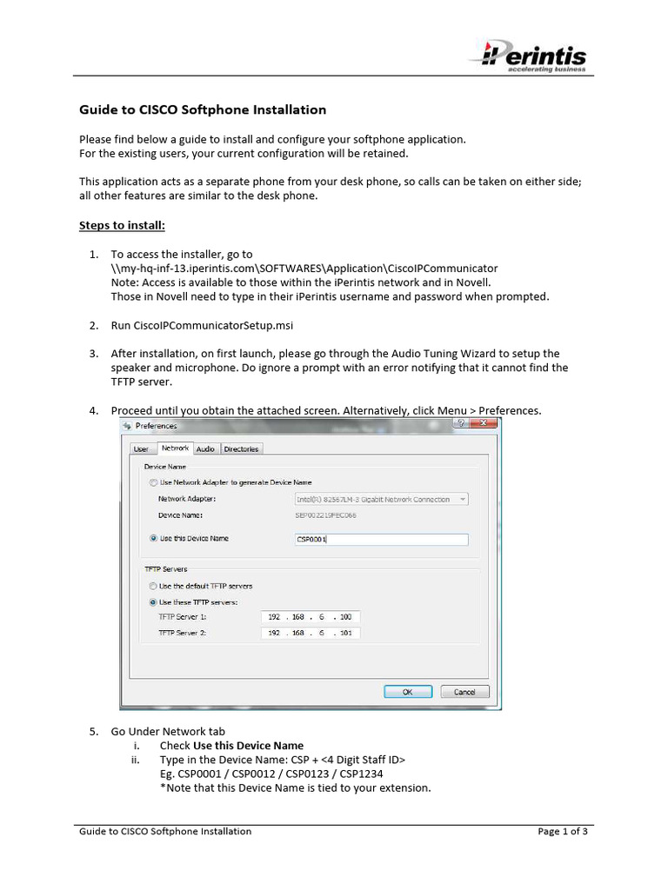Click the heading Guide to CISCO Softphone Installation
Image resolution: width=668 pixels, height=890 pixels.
[x=203, y=110]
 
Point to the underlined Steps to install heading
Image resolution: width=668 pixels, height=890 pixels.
[x=122, y=225]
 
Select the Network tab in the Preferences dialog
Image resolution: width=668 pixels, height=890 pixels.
[x=174, y=448]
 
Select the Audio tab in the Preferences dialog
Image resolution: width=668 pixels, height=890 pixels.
[x=205, y=448]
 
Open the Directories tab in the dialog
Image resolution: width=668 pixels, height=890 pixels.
[x=241, y=448]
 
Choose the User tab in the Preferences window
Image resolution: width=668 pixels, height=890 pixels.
[x=141, y=448]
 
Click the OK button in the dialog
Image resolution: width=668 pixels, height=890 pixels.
[x=406, y=692]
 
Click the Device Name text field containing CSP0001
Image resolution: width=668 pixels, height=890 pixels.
[x=381, y=539]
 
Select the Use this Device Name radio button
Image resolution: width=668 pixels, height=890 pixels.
[x=153, y=539]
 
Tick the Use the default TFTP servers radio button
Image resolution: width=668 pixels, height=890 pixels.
[x=153, y=586]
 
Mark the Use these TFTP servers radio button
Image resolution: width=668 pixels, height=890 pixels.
[x=153, y=601]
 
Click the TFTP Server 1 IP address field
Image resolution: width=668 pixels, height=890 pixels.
[x=311, y=617]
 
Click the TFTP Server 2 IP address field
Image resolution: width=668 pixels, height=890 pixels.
[x=311, y=633]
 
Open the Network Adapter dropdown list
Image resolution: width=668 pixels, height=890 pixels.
[x=381, y=500]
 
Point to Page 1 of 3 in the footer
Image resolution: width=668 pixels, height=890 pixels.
[x=562, y=831]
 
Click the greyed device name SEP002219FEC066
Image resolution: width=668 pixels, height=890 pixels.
[x=326, y=515]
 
